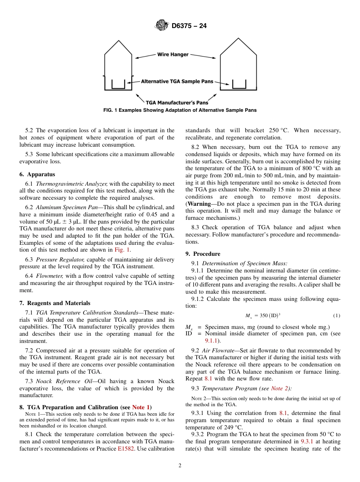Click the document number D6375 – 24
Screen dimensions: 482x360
coord(188,26)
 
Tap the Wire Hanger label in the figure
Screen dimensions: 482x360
coord(173,55)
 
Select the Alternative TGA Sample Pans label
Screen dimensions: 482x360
coord(177,81)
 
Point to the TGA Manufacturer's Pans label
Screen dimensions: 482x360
coord(177,102)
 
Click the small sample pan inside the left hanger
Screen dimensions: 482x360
coord(118,84)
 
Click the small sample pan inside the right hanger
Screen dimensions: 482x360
coord(239,84)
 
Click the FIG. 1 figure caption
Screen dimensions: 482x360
coord(180,110)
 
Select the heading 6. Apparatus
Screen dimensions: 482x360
coord(37,174)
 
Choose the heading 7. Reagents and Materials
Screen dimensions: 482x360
coord(55,303)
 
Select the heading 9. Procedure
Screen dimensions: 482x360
coord(203,254)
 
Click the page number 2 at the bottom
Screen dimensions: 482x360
coord(180,466)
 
